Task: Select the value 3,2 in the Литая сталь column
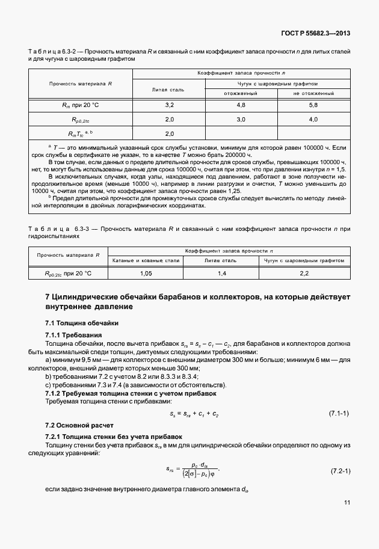point(169,105)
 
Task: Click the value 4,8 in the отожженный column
point(241,105)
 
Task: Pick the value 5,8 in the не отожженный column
point(313,105)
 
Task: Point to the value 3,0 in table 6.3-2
point(241,120)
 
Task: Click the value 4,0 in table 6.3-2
point(313,120)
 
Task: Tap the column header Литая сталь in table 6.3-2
point(169,89)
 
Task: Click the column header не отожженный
point(313,94)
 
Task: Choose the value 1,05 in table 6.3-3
point(145,273)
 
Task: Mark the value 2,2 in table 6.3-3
point(304,273)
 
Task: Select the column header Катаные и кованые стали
point(145,261)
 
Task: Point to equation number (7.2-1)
point(339,468)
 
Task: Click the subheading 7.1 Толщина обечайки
point(75,323)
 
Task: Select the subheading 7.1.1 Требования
point(74,334)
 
